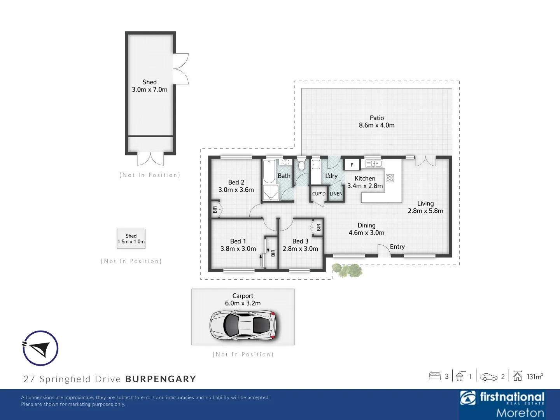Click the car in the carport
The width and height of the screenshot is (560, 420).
pos(243,325)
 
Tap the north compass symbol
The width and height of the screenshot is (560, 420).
pos(40,348)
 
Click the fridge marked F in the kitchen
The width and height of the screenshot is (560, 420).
pos(352,165)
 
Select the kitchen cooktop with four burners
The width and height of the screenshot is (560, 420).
pos(390,178)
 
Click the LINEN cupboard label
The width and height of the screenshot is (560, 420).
pos(336,194)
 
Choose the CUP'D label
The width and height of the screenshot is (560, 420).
pos(318,194)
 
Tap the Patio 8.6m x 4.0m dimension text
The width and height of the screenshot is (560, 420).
pos(376,125)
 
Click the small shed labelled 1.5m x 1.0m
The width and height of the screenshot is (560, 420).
pos(131,239)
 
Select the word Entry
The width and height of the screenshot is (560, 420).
pos(397,247)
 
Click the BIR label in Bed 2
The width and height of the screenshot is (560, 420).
pos(215,210)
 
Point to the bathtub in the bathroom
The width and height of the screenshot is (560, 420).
pos(269,171)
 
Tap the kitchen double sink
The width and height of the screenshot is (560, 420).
pos(374,164)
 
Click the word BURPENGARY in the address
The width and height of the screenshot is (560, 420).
pos(161,379)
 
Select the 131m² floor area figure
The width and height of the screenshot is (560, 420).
pos(534,376)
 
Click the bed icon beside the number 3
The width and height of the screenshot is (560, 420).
pos(435,376)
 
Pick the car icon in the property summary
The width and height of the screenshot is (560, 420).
pos(488,376)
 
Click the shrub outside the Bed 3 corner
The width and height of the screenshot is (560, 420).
pos(348,270)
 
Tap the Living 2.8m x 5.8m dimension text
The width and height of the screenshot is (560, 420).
pos(425,211)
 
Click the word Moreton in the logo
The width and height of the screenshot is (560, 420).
pos(520,412)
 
